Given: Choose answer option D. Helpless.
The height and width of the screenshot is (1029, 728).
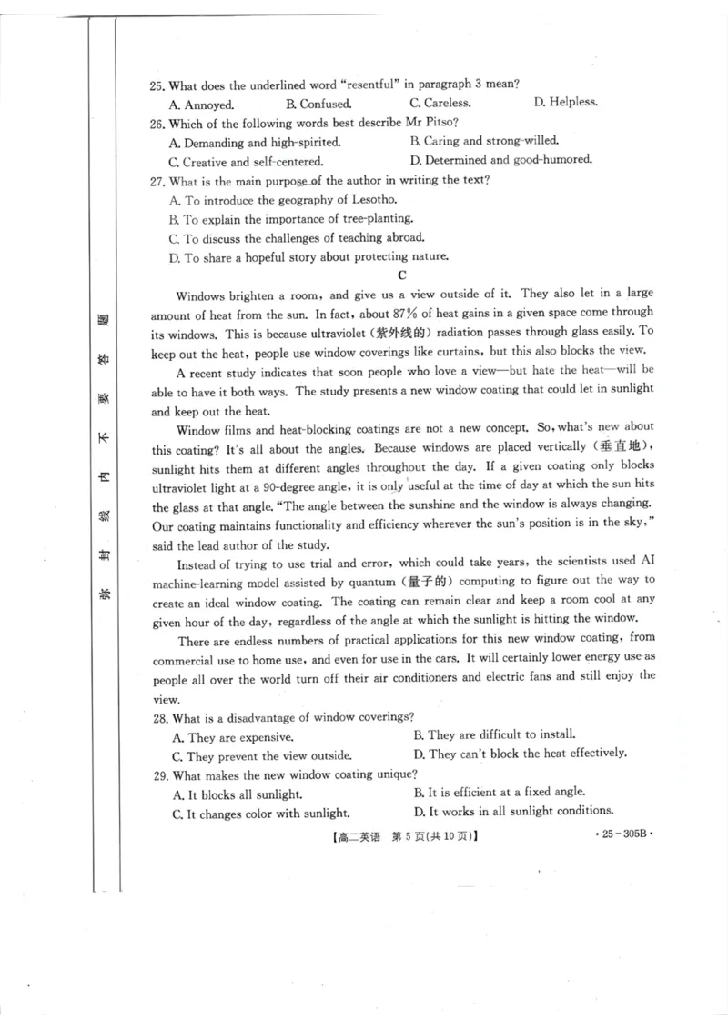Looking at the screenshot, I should pos(565,102).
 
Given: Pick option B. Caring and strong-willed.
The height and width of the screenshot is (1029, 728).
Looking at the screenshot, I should pos(484,141).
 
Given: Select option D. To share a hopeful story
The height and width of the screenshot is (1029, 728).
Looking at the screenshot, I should pos(308,257).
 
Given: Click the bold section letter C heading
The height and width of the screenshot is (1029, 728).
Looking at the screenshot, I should pos(401,275).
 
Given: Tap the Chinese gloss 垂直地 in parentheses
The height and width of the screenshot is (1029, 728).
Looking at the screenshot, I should pos(622,447).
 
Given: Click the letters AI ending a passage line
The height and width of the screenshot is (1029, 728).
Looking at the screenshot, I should pos(645,562).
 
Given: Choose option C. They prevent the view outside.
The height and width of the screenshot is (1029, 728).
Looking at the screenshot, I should pos(262,756).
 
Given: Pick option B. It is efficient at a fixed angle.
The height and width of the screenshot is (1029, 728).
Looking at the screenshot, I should pos(500,792).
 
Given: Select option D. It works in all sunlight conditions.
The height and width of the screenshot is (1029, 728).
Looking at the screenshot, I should pos(513,811).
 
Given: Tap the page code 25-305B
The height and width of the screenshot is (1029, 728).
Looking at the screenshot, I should pos(624,834).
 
